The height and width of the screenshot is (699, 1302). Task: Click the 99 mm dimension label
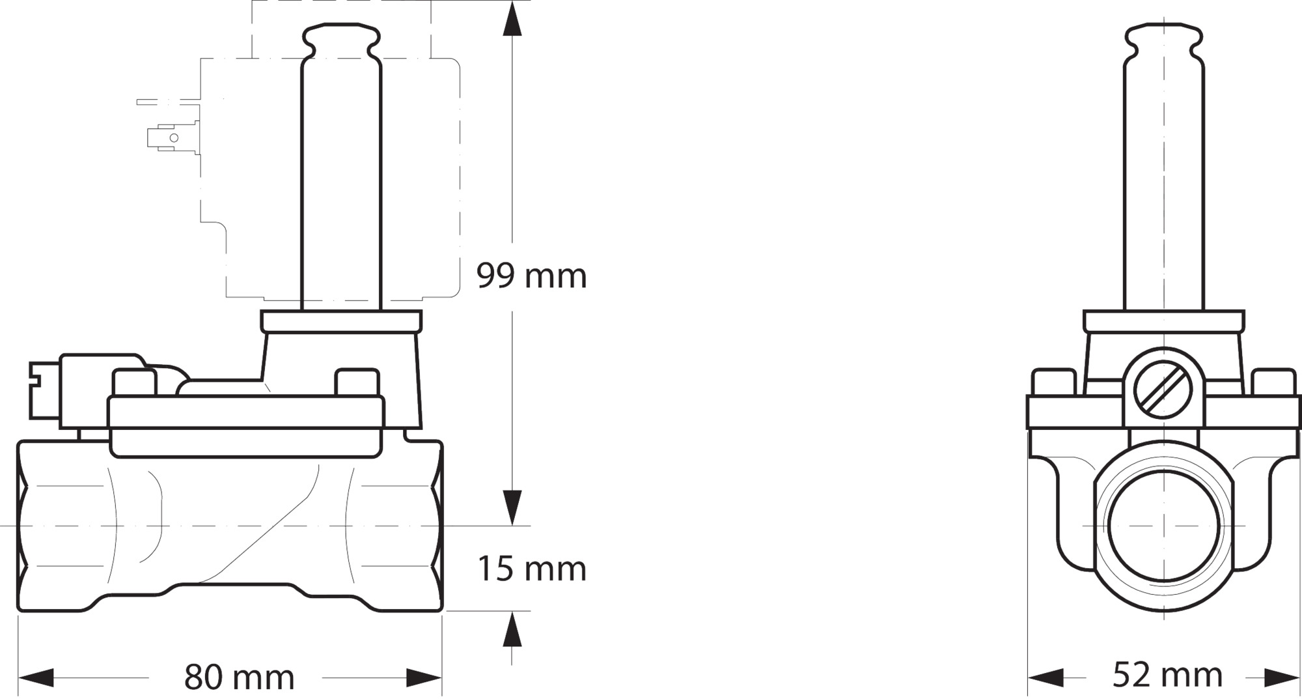coord(531,276)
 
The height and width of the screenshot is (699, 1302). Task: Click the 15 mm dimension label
coord(531,569)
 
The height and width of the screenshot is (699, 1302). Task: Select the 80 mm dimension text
coord(239,677)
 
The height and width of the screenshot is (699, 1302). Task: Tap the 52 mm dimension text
coord(1167,675)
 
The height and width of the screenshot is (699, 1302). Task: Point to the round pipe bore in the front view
coord(1163,525)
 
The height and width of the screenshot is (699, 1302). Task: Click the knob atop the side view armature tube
coord(341,40)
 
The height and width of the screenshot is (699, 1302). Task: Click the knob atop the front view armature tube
coord(1163,40)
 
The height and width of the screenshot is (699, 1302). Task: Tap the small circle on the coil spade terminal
coord(174,138)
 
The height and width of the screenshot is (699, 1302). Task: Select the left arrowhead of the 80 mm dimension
coord(36,678)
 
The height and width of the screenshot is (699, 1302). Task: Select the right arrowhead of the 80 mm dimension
coord(424,678)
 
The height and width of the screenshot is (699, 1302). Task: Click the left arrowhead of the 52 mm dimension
coord(1046,678)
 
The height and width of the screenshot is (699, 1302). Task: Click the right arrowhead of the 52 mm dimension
coord(1282,678)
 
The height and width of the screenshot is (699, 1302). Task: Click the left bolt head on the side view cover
coord(134,382)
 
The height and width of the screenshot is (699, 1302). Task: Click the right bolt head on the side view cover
coord(357,382)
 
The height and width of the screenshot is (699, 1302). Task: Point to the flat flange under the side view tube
coord(341,321)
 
